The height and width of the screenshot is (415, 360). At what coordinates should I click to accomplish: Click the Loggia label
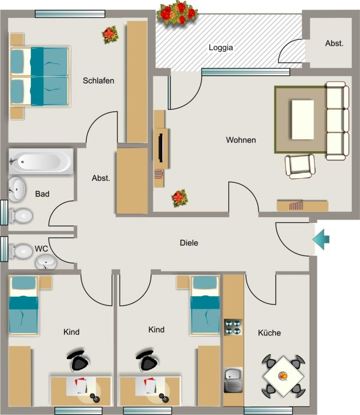221,48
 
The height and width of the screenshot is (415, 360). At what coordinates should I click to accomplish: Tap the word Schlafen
99,81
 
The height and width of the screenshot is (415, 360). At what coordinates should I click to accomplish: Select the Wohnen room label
241,140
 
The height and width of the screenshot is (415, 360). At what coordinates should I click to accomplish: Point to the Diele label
189,243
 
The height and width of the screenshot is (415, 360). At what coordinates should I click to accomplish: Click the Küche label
269,333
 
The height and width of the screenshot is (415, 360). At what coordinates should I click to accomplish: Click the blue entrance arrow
321,239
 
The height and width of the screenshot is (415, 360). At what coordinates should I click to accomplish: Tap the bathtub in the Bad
41,161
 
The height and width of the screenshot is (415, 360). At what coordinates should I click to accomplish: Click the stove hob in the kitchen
233,327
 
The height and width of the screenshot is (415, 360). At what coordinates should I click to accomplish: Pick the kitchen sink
233,380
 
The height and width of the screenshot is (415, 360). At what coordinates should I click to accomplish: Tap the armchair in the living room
300,167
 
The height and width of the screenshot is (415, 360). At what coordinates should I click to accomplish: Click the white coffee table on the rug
303,120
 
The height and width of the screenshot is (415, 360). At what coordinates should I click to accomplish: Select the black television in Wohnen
161,148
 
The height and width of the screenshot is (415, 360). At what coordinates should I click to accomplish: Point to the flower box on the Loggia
177,13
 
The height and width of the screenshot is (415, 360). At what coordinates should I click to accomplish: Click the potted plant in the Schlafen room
110,34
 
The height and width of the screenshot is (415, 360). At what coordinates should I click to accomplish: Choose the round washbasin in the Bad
16,189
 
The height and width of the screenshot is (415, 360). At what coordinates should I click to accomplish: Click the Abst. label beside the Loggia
334,43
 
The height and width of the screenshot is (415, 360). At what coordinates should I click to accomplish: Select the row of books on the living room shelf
296,205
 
